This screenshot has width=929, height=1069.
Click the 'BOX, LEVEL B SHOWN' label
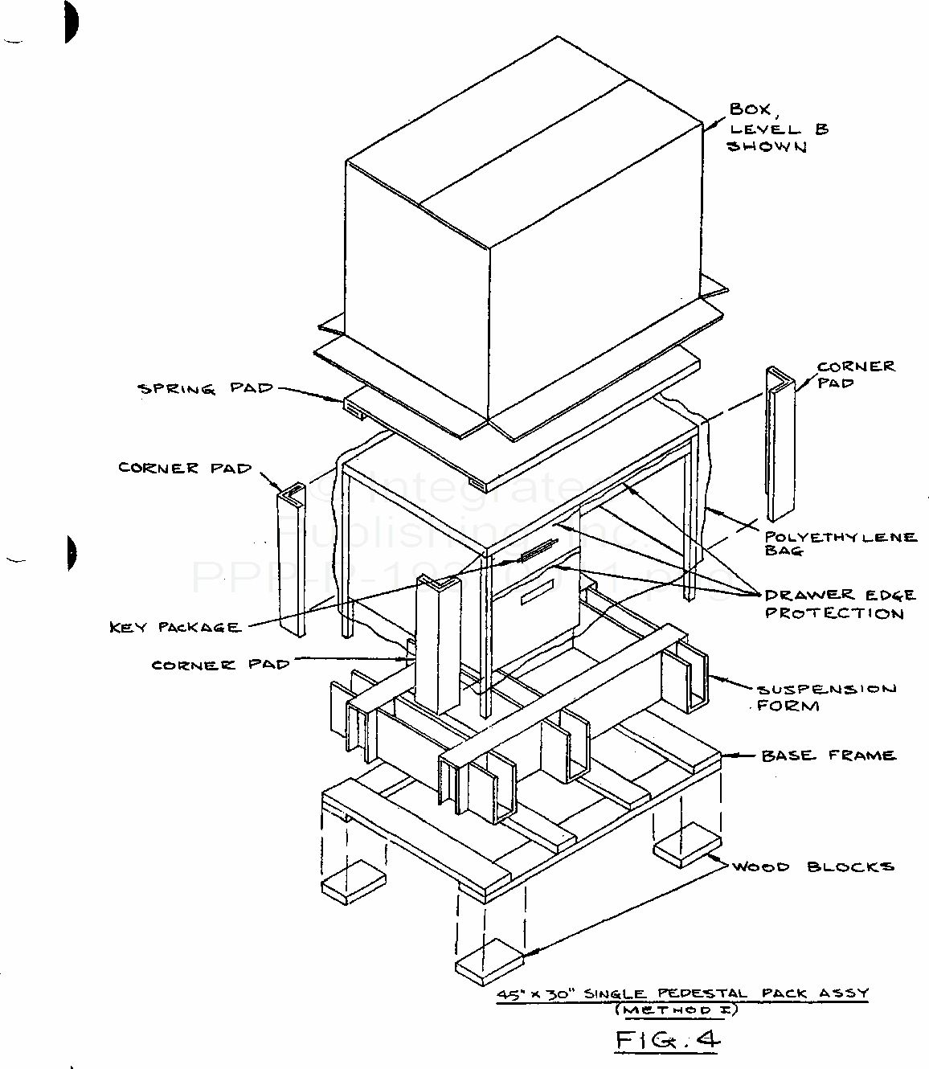click(x=776, y=129)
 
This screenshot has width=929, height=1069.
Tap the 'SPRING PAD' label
click(x=205, y=390)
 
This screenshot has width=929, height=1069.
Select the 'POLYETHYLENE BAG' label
click(x=840, y=543)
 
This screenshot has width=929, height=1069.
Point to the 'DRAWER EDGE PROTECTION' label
click(x=838, y=604)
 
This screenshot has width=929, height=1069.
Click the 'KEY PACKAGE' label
click(x=175, y=627)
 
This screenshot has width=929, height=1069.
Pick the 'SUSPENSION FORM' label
click(x=825, y=698)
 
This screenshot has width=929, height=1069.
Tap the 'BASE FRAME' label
click(x=828, y=756)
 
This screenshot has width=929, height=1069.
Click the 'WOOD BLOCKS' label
click(x=812, y=867)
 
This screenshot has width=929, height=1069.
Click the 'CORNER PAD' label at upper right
click(x=854, y=375)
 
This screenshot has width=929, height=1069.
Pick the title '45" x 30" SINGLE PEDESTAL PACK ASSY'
click(x=682, y=993)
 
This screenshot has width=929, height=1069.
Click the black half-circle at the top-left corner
click(x=71, y=22)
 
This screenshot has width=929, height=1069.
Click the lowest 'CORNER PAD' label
click(x=220, y=665)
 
